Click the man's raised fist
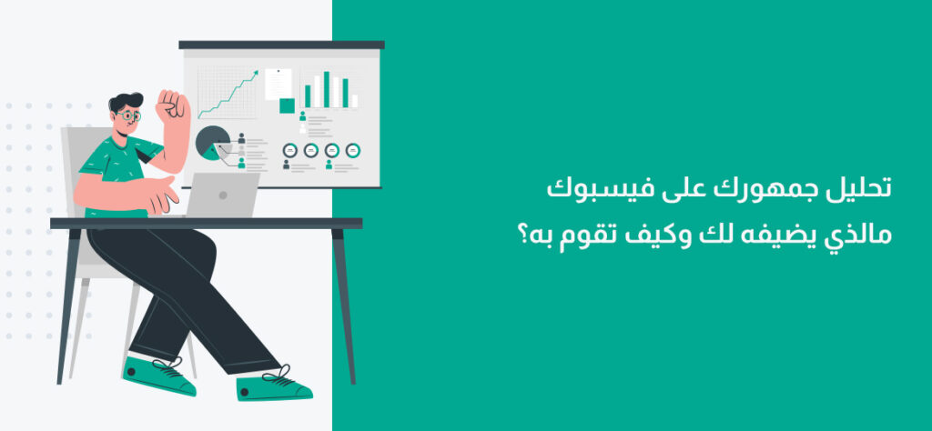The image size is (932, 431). coord(172,106)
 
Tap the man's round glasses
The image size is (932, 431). coord(129,115)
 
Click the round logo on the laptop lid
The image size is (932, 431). coord(223,195)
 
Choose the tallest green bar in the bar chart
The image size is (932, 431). coord(327,90)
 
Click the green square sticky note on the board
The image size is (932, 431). coord(287,105)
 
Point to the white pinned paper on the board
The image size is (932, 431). coord(279,84)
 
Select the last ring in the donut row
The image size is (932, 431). coord(353,150)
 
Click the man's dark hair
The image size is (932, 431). coord(126,101)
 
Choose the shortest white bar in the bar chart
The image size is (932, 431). coord(355,101)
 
